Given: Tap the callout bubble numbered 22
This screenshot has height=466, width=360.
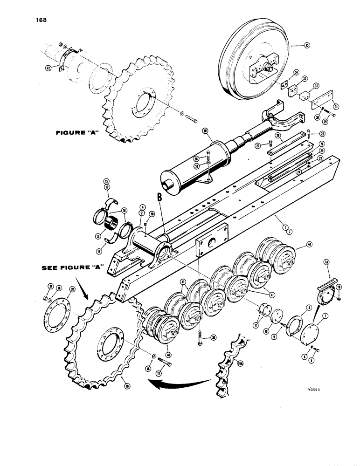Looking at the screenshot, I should [322, 134].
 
